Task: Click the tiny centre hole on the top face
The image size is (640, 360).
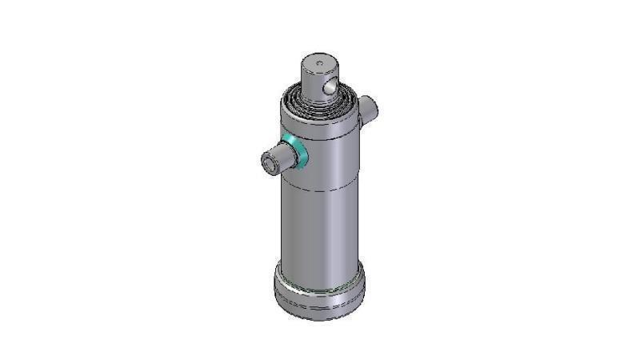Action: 319,62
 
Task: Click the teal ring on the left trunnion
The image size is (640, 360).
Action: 298,151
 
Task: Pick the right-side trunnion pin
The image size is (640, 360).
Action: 368,110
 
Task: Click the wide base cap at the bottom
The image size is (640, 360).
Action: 319,292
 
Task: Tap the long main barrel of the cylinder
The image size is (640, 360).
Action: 319,224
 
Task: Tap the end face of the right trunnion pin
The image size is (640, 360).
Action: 373,106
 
